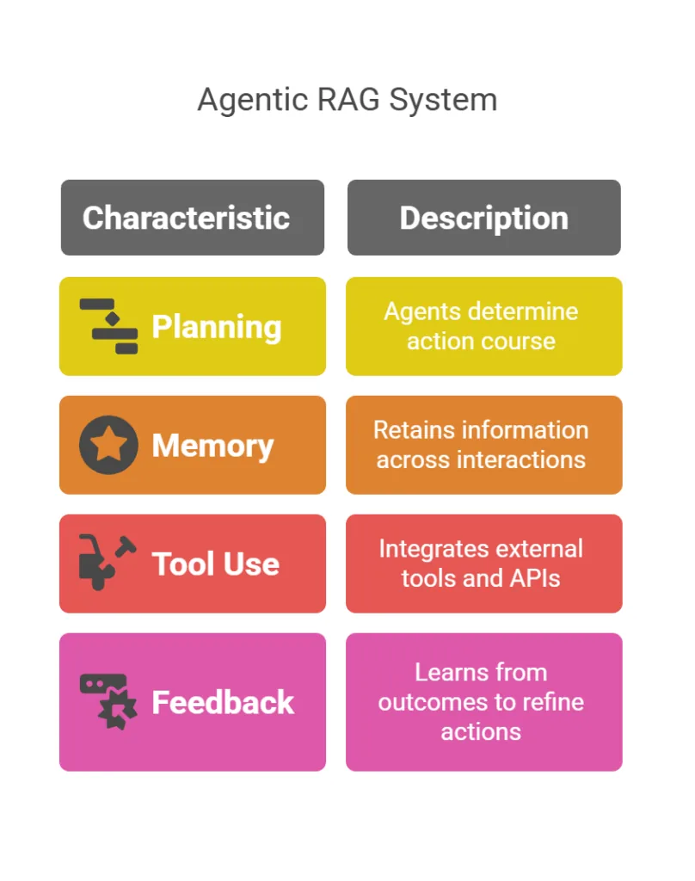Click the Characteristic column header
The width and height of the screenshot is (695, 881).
coord(186,218)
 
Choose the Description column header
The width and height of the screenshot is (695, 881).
coord(483,219)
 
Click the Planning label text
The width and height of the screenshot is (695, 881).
coord(216,328)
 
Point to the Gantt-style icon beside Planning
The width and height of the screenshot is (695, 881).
coord(108,326)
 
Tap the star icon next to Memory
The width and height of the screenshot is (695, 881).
coord(108,445)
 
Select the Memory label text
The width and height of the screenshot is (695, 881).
coord(212,447)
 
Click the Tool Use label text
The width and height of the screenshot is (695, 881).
coord(215,564)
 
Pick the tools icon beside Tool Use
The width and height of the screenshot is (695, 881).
coord(108,563)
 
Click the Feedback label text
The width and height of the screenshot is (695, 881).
coord(223,702)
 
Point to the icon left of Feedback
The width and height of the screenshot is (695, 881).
coord(108,702)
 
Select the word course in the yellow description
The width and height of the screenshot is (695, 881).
coord(520,342)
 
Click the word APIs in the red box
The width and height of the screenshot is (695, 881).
coord(534,579)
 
